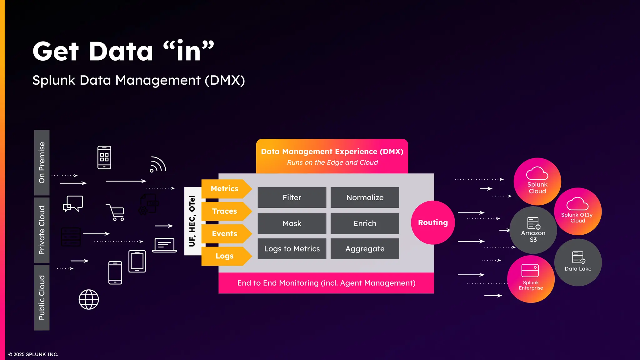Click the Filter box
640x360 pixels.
[x=292, y=197]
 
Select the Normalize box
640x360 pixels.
[x=365, y=197]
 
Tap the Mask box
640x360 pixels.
[x=292, y=223]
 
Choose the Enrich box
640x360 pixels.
[x=365, y=223]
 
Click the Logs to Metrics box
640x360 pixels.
[x=292, y=249]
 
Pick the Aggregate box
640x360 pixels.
[x=365, y=249]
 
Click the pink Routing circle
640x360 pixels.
[x=433, y=222]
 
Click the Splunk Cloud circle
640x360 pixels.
[x=537, y=181]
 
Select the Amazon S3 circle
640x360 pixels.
[x=533, y=230]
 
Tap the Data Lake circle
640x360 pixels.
[x=578, y=262]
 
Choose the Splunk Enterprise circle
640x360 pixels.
[x=531, y=279]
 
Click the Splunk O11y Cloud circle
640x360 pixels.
[x=577, y=212]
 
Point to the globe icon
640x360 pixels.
[x=89, y=299]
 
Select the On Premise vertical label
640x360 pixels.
[x=42, y=162]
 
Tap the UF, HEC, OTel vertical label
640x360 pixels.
[x=192, y=221]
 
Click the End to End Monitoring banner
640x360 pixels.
[x=326, y=283]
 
